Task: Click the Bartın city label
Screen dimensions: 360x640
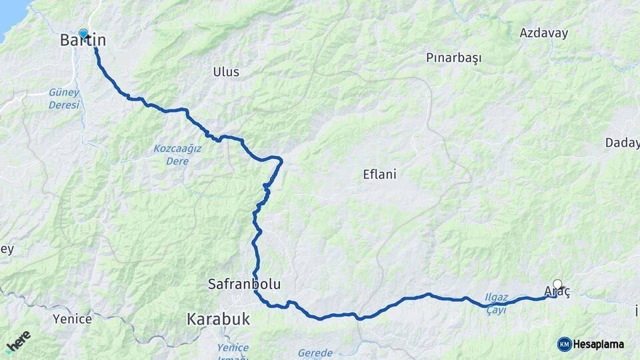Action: pos(83,41)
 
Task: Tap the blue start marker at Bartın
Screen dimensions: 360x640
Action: pos(83,33)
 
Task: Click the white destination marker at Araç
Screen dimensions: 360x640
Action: pos(557,284)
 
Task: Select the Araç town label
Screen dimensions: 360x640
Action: pos(557,293)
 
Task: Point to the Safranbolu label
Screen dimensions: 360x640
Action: pos(243,285)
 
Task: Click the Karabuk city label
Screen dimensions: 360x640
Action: pos(218,319)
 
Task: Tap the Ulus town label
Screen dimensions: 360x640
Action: pos(226,72)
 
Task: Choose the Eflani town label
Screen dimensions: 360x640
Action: pos(379,175)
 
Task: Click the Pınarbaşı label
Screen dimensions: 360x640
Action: pos(453,58)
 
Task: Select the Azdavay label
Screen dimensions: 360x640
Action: pos(543,33)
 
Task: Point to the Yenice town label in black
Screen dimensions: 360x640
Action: pos(72,319)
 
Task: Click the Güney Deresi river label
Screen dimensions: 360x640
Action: pos(64,99)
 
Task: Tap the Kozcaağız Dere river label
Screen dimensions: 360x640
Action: pos(177,155)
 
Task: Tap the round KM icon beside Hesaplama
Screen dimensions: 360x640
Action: pos(564,344)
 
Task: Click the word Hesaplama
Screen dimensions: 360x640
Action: pos(599,344)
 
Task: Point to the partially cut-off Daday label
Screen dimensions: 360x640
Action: pos(623,143)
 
